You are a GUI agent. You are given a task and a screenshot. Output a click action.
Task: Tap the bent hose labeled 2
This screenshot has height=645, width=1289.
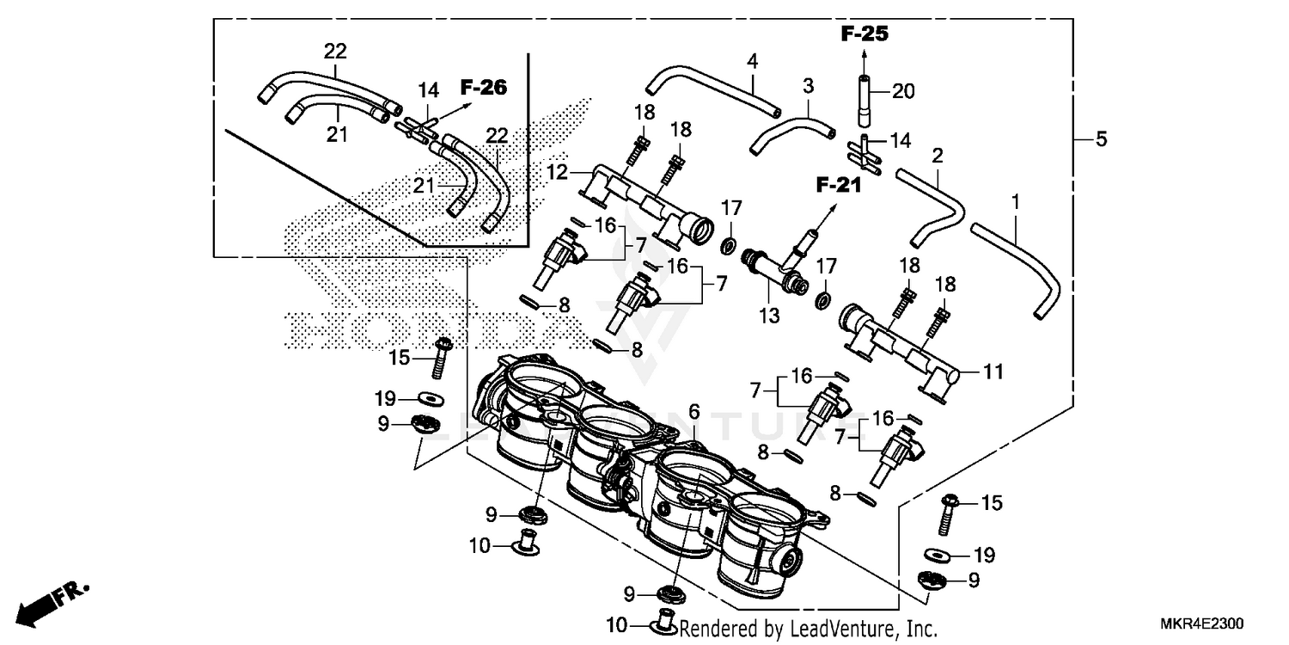coord(938,200)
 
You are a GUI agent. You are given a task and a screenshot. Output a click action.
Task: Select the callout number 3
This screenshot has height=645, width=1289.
coord(808,86)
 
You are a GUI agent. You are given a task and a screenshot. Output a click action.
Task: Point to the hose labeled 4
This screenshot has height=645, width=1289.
coord(713,86)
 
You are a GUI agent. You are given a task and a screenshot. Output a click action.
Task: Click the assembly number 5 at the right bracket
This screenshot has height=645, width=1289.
coord(1102,139)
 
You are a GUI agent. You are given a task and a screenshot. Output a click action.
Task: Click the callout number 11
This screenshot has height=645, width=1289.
coord(993,372)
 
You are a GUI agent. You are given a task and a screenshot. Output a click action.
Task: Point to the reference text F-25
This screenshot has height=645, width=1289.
coord(864,35)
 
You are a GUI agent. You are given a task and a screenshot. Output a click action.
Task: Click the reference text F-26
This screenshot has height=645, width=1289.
coord(483,87)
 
